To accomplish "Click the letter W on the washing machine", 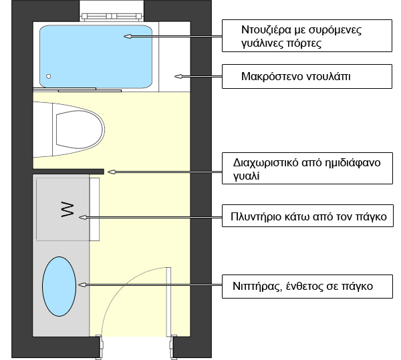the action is [68, 210].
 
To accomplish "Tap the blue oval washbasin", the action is [59, 287].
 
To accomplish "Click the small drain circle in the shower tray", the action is [48, 76].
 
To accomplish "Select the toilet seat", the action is [79, 130].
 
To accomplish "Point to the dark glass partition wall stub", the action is [68, 172].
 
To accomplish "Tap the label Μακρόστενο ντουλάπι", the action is [295, 76].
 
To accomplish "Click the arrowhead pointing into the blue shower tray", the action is [128, 36].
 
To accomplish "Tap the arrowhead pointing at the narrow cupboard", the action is [178, 76].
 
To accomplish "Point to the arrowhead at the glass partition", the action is [112, 172].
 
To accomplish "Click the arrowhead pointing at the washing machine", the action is [83, 218].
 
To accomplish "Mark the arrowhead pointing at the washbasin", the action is [82, 285].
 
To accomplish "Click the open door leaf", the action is [168, 302].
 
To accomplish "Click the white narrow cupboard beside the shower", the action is [174, 57].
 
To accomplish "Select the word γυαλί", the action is [246, 176].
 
